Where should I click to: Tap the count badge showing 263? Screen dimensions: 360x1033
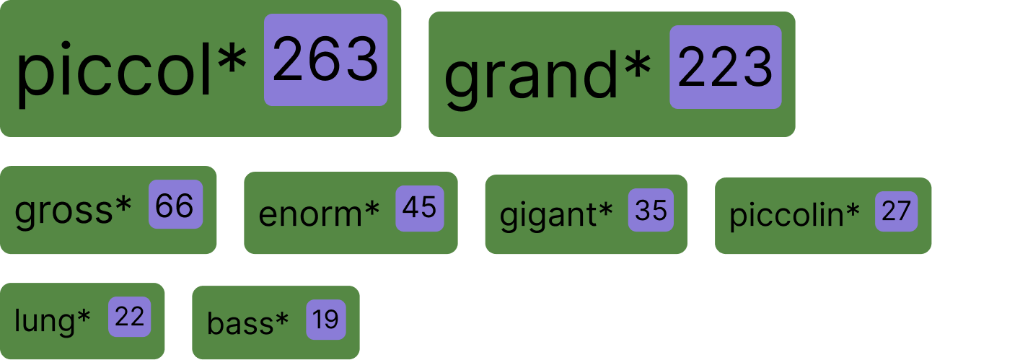click(x=325, y=61)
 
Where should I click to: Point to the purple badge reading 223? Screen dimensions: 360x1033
click(x=725, y=68)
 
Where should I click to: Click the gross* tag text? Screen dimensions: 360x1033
click(x=74, y=210)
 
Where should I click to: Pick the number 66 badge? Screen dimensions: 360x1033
click(x=175, y=206)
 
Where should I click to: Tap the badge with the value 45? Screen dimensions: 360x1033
click(x=419, y=208)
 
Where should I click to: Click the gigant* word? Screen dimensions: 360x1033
click(x=556, y=214)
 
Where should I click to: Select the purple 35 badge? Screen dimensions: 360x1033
click(x=651, y=211)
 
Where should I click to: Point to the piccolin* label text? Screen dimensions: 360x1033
click(x=794, y=214)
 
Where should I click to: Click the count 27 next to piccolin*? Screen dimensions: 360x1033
click(x=896, y=211)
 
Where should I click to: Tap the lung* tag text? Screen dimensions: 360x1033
click(x=53, y=320)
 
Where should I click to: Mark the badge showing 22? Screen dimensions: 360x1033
click(x=130, y=317)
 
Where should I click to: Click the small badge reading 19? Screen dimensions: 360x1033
click(x=326, y=320)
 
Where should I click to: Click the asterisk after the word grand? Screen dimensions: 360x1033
click(x=638, y=65)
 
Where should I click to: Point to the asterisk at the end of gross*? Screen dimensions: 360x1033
click(x=124, y=204)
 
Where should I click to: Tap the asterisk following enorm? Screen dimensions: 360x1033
click(x=372, y=208)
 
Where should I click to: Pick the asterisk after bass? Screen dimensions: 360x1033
click(x=281, y=318)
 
